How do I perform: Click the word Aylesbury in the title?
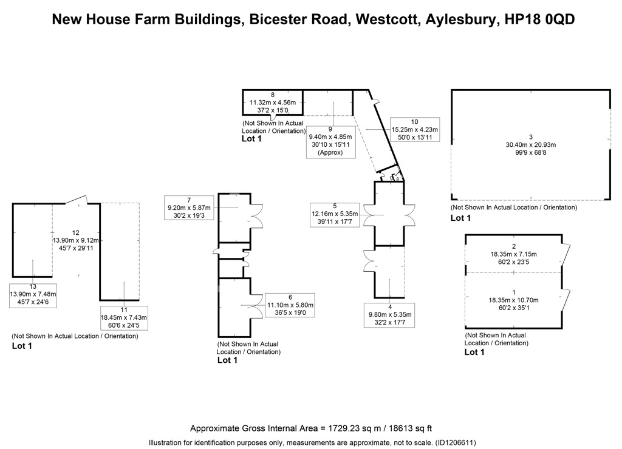click(460, 19)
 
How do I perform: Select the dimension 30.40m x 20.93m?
click(531, 144)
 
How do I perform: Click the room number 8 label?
click(273, 95)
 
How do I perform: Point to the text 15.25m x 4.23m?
click(414, 130)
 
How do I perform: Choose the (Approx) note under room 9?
click(330, 152)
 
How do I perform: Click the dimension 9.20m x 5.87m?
click(189, 208)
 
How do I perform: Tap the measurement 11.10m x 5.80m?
click(290, 305)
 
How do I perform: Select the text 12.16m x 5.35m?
click(335, 214)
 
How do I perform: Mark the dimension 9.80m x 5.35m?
click(390, 315)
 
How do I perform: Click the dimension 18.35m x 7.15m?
click(514, 254)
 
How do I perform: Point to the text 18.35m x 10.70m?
click(514, 300)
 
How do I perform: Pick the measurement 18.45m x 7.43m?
click(124, 317)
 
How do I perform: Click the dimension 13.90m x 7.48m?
click(33, 294)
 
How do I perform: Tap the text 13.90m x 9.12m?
click(76, 240)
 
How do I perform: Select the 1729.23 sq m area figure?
click(354, 428)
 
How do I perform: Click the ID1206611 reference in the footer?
click(455, 443)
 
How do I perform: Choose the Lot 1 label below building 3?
click(460, 218)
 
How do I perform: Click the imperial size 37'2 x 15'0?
click(273, 110)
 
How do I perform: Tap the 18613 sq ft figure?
click(410, 428)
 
